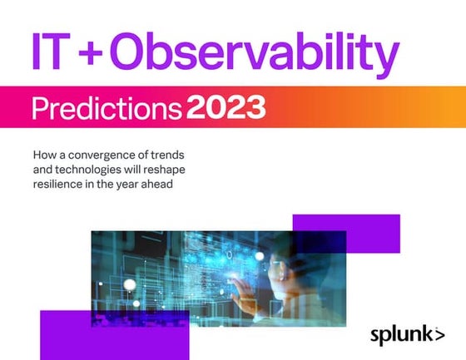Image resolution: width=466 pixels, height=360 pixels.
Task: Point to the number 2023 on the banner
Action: [x=226, y=106]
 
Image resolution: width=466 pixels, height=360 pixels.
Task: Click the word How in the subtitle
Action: [x=44, y=155]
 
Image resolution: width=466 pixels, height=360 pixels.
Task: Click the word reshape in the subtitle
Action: [x=176, y=170]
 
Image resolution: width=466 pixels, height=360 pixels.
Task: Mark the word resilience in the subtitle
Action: [x=60, y=185]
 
